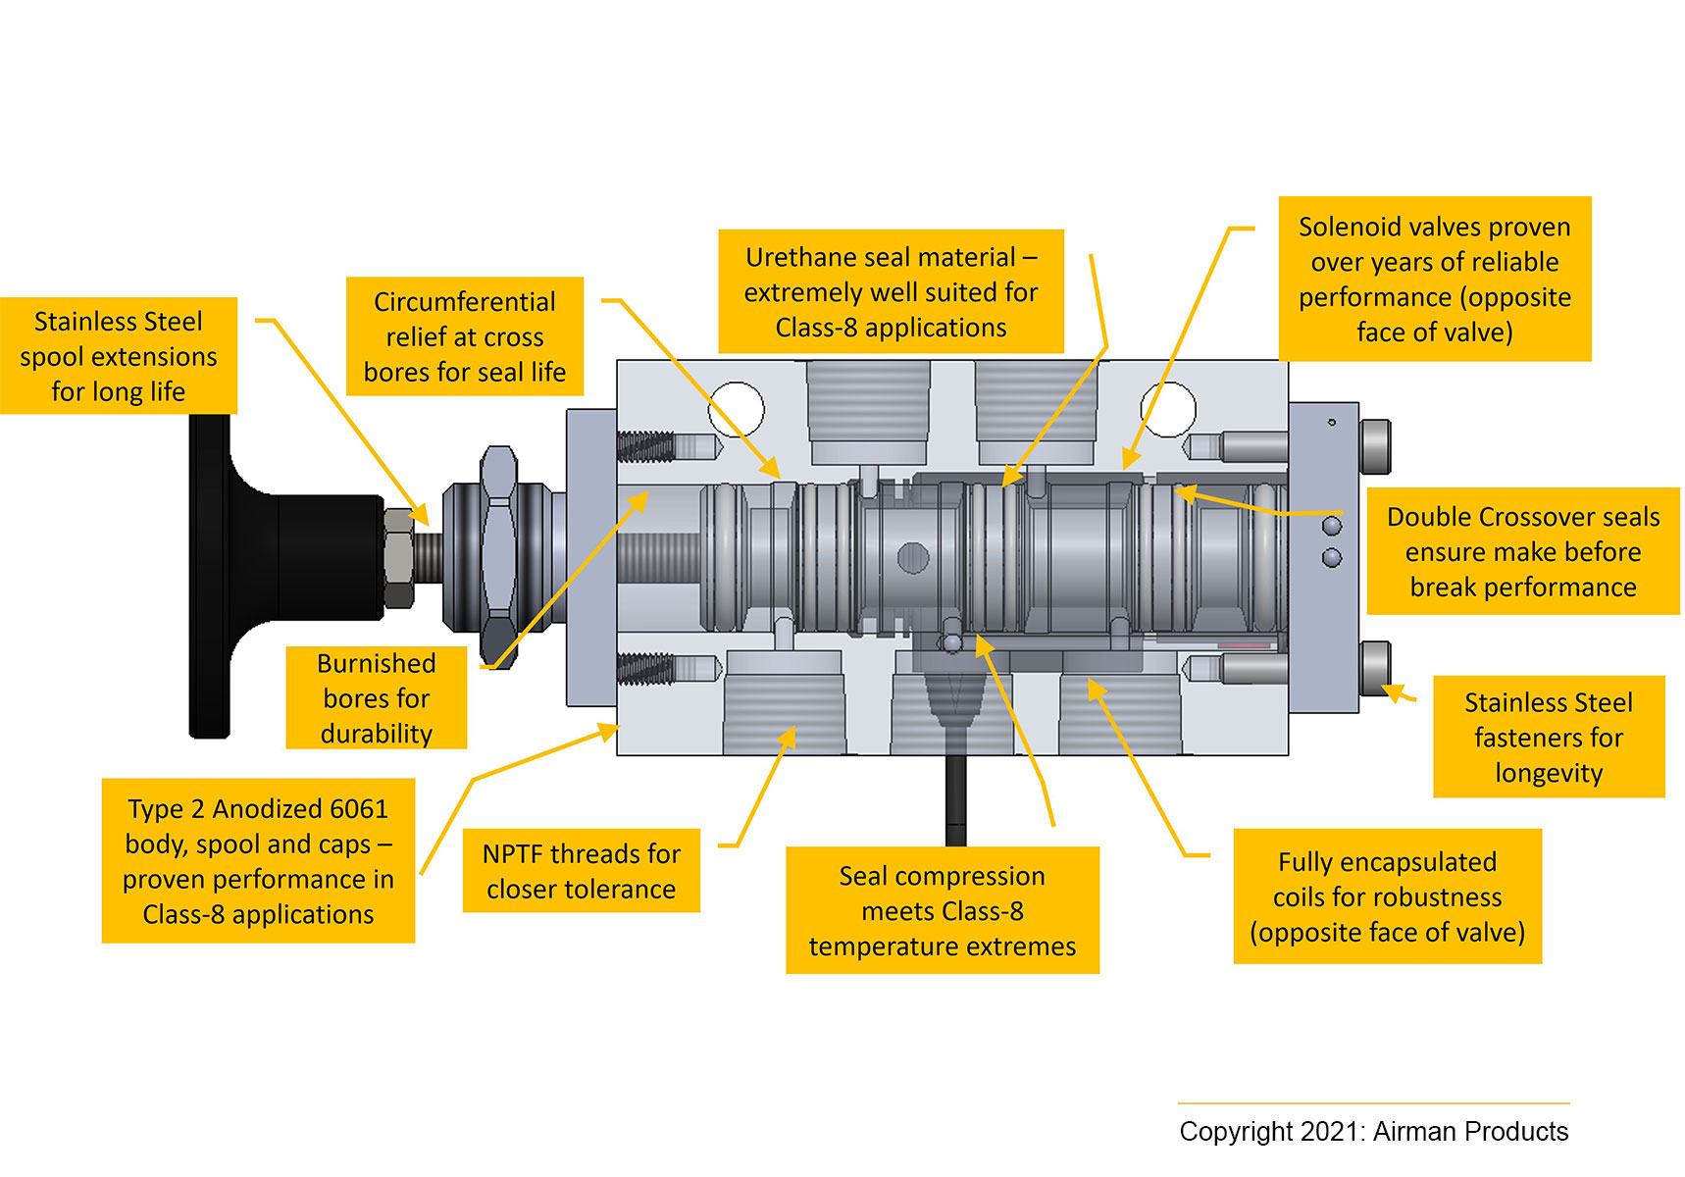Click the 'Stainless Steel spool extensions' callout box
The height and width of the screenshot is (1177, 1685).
click(x=119, y=356)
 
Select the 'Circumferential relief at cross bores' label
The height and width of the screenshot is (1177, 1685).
click(x=465, y=336)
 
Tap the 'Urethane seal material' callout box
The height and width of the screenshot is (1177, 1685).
click(x=891, y=291)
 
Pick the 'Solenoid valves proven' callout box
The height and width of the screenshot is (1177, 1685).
click(x=1434, y=280)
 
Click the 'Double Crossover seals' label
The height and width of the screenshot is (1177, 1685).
click(x=1522, y=551)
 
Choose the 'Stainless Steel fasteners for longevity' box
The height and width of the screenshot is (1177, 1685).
click(x=1548, y=737)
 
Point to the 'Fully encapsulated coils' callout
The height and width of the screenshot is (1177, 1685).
click(x=1387, y=896)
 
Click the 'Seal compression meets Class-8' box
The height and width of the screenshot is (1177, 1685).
click(x=942, y=910)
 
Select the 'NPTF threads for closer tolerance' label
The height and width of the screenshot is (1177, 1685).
click(x=581, y=871)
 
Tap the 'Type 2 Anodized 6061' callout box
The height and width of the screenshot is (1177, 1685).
click(x=258, y=861)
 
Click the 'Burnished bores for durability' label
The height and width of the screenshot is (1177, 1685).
click(x=376, y=697)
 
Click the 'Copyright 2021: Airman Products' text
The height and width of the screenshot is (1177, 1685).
click(x=1373, y=1131)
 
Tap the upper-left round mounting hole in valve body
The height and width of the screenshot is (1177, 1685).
click(x=736, y=409)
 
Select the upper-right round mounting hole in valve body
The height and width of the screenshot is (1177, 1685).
click(x=1168, y=409)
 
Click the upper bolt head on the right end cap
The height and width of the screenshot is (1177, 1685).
click(x=1375, y=447)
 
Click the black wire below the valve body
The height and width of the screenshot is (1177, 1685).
click(x=955, y=799)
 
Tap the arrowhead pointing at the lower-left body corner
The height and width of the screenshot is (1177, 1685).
click(x=611, y=730)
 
